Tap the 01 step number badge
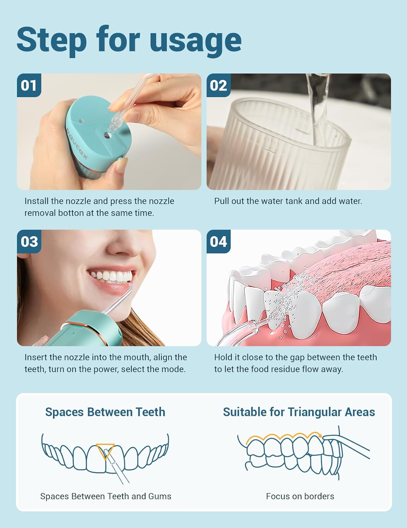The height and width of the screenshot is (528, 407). pyautogui.click(x=29, y=85)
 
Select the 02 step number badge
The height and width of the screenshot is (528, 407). pyautogui.click(x=219, y=85)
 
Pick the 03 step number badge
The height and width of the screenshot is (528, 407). pyautogui.click(x=29, y=241)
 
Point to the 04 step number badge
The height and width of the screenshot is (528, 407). pyautogui.click(x=219, y=241)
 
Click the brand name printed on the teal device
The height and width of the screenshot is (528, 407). pyautogui.click(x=77, y=143)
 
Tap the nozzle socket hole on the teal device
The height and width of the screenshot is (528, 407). pyautogui.click(x=107, y=135)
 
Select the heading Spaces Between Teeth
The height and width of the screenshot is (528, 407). pyautogui.click(x=105, y=412)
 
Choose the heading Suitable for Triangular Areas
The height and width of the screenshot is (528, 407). pyautogui.click(x=299, y=412)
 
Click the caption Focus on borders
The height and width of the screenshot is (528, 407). pyautogui.click(x=300, y=496)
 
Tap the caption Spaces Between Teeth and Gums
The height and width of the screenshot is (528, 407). pyautogui.click(x=106, y=496)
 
